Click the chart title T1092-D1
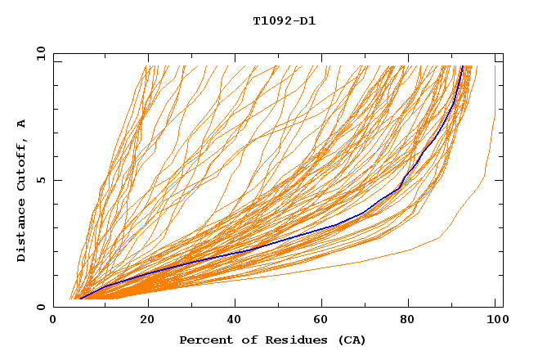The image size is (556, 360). [284, 21]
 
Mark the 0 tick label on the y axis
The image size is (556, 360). [41, 307]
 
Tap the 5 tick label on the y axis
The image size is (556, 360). [41, 180]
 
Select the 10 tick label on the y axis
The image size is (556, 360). [38, 53]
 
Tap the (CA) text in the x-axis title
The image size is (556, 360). [352, 340]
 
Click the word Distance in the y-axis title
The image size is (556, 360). [22, 233]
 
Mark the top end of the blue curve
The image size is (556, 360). [462, 66]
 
